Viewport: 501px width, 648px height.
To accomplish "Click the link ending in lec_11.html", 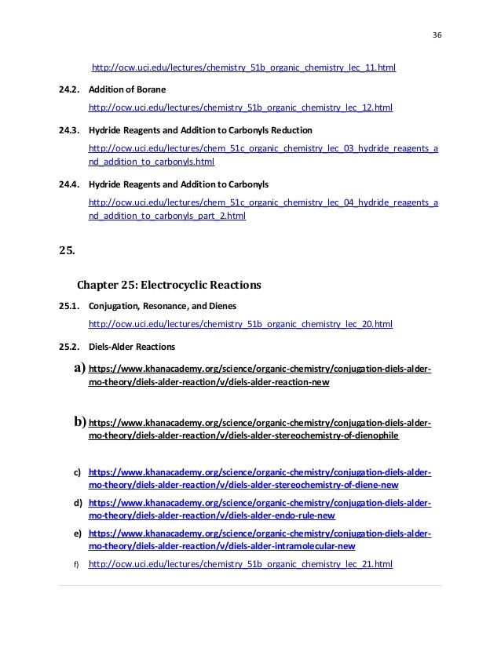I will (x=243, y=68).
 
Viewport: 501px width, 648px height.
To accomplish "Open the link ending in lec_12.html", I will (x=241, y=107).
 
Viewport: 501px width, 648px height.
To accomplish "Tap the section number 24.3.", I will (x=69, y=129).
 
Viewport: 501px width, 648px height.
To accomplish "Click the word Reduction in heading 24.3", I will (x=290, y=129).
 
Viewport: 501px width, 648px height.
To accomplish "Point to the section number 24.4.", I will (x=69, y=184).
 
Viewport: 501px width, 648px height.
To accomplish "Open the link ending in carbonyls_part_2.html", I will (x=167, y=216).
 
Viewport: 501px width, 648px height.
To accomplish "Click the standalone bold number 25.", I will (x=67, y=252).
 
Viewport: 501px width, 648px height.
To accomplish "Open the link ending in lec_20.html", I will (x=241, y=323).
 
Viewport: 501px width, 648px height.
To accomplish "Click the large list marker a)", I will (x=79, y=368).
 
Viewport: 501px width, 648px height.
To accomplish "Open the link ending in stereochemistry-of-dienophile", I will (x=243, y=435).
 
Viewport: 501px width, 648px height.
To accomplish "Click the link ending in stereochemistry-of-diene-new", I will (x=243, y=486).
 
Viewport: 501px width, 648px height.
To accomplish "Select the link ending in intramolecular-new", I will (x=222, y=546).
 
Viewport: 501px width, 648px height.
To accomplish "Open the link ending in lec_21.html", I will (x=241, y=564).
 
